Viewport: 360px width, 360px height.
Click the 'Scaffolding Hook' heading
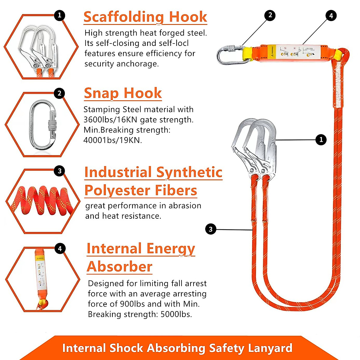145,17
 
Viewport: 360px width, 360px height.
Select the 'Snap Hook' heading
123,93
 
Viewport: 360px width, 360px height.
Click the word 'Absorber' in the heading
119,266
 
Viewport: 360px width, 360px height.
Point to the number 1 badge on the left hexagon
59,15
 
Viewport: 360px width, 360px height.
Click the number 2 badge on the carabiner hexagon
59,93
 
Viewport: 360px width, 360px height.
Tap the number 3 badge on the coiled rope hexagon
59,171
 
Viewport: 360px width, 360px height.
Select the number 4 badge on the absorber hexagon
60,248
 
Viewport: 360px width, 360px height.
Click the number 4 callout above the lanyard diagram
331,16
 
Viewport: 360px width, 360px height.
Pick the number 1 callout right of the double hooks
321,139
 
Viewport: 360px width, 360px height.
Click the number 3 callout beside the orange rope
211,229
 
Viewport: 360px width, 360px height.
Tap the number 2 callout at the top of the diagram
270,15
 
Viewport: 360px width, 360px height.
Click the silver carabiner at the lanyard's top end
230,54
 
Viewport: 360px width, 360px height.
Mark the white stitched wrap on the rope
338,84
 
